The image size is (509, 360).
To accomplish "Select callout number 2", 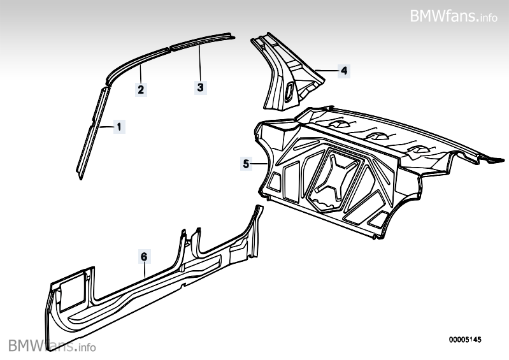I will (x=141, y=89).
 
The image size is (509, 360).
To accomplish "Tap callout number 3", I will (x=200, y=87).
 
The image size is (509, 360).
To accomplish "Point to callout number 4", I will (x=343, y=71).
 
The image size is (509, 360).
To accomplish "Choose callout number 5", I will (x=247, y=164).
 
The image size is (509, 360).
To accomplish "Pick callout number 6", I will (x=144, y=257).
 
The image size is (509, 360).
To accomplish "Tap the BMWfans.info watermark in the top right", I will (x=454, y=15).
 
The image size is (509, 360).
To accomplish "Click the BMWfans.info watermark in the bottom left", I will (x=52, y=346).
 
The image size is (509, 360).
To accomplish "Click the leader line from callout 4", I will (x=325, y=69).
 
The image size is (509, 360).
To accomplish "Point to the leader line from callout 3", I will (x=200, y=64).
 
